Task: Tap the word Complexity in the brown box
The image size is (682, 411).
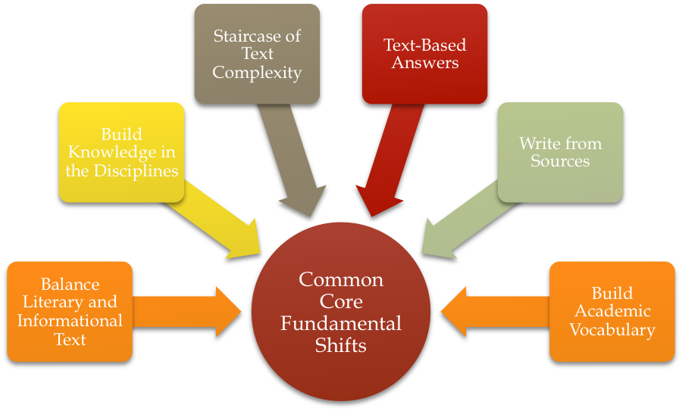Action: pyautogui.click(x=257, y=73)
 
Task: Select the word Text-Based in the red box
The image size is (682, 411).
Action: pyautogui.click(x=424, y=45)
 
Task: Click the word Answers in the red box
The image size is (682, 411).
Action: pyautogui.click(x=425, y=63)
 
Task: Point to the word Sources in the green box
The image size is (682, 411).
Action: pyautogui.click(x=560, y=160)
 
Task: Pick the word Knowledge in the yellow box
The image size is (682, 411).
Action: pyautogui.click(x=122, y=152)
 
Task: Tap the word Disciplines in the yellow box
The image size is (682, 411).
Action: pyautogui.click(x=134, y=170)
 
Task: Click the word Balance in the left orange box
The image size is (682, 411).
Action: pyautogui.click(x=70, y=285)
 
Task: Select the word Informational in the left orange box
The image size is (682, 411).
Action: pyautogui.click(x=70, y=321)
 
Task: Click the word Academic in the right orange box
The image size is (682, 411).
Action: pyautogui.click(x=612, y=311)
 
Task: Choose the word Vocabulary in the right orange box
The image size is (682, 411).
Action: pyautogui.click(x=612, y=330)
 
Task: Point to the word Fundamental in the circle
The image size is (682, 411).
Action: pyautogui.click(x=341, y=324)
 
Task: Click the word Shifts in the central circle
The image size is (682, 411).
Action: pyautogui.click(x=341, y=346)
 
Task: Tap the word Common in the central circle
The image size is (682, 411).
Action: pyautogui.click(x=341, y=279)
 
